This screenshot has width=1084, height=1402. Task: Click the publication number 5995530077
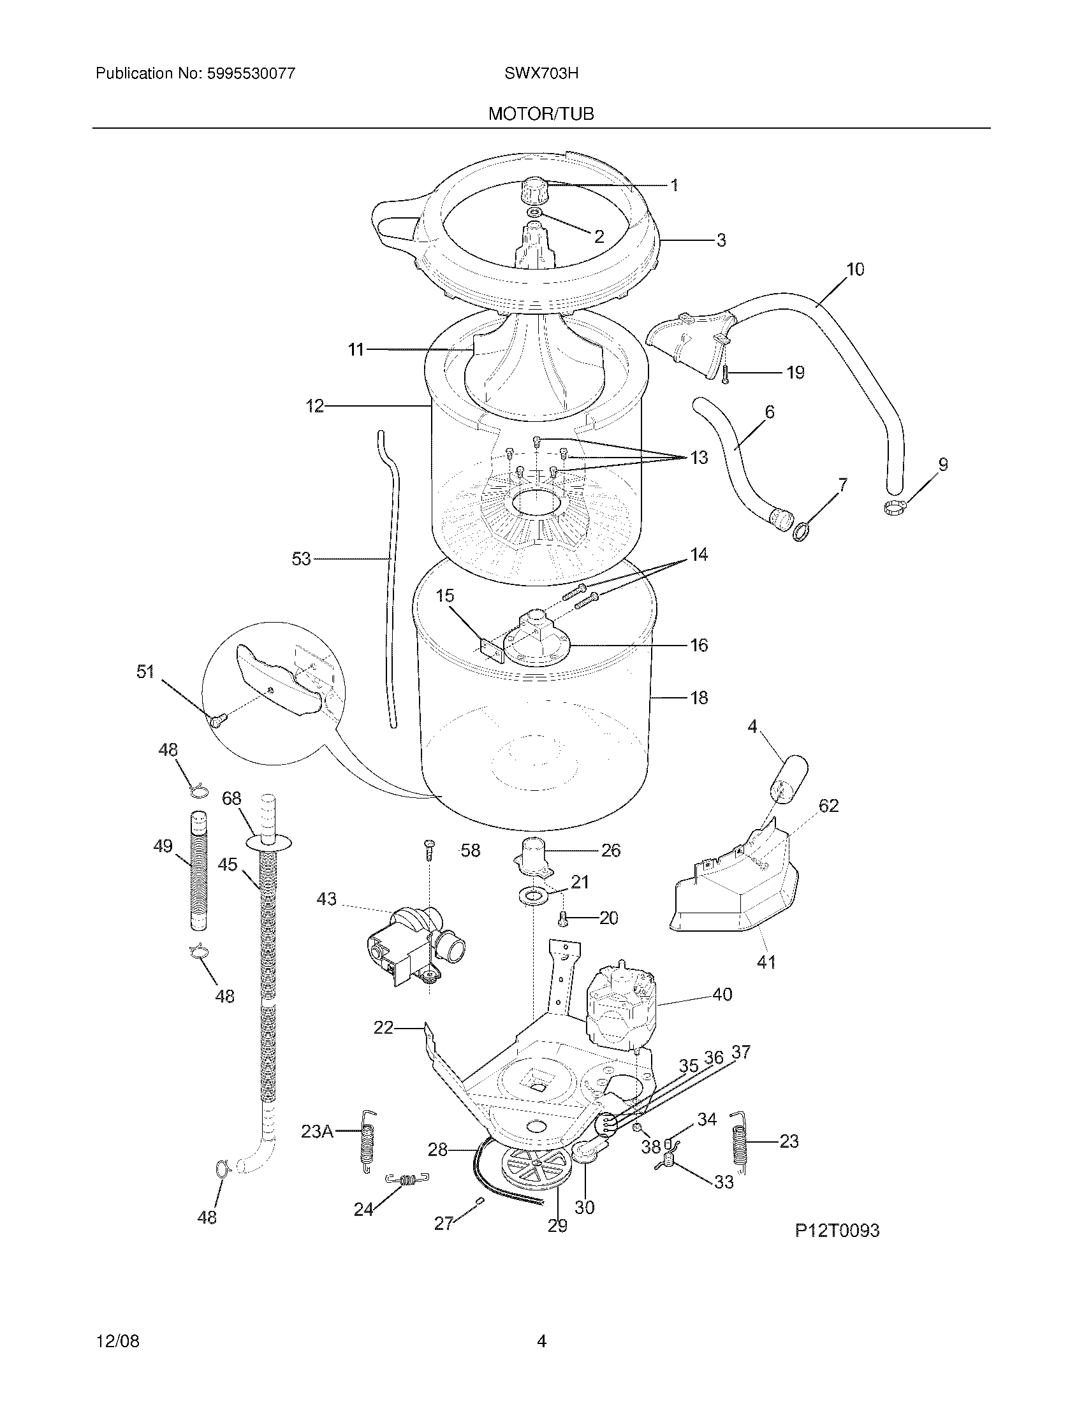(x=251, y=73)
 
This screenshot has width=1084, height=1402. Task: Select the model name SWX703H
(x=541, y=73)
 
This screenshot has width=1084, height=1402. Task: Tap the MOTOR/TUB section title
(x=541, y=114)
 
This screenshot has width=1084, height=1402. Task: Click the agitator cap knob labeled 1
(x=534, y=189)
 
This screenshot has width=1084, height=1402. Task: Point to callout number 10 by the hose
(x=854, y=270)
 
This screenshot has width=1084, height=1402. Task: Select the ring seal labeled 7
(x=802, y=532)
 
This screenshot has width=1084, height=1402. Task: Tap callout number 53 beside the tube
(x=301, y=559)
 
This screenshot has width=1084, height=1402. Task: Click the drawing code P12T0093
(x=837, y=1231)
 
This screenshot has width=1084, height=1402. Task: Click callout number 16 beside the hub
(x=699, y=645)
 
